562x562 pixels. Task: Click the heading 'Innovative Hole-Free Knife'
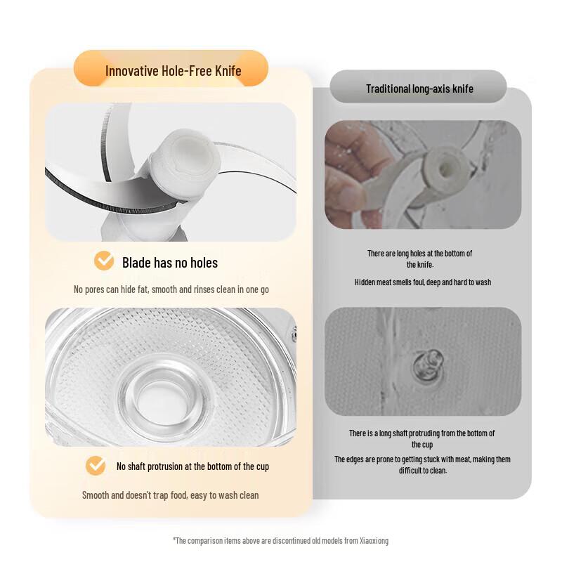point(173,71)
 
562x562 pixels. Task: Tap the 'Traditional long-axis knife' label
point(419,89)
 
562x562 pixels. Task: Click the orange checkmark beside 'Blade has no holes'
point(104,261)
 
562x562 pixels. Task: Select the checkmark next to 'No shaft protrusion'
point(96,466)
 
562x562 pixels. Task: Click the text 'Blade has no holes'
point(170,263)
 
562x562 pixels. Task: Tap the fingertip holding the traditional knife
point(346,194)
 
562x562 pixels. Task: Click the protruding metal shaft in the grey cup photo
point(429,365)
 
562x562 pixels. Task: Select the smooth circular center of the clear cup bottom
point(163,400)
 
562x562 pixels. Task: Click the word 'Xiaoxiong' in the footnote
point(374,540)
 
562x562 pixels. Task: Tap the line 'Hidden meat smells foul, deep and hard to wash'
point(423,282)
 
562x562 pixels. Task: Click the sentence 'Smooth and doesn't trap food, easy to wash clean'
point(170,495)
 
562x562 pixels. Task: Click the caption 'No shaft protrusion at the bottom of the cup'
point(192,466)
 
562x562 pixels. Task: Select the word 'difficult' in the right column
point(409,470)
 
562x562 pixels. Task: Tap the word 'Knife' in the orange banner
point(228,71)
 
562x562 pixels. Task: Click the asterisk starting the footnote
point(174,539)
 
